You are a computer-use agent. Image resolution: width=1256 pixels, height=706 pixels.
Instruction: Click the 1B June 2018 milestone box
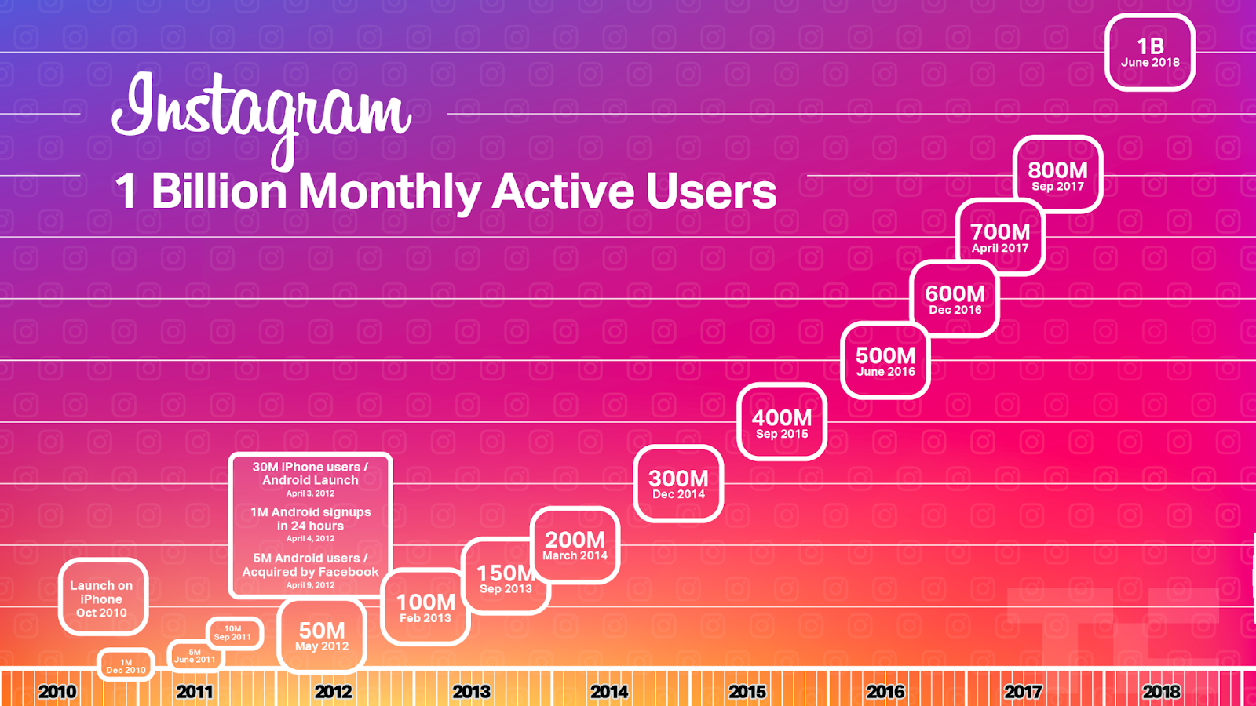(x=1150, y=53)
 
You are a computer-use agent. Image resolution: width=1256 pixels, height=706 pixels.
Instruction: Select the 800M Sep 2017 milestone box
(x=1057, y=175)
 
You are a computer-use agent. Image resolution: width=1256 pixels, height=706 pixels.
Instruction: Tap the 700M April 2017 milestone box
(x=1000, y=237)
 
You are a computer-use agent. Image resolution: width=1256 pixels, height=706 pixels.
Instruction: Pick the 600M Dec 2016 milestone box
(x=955, y=299)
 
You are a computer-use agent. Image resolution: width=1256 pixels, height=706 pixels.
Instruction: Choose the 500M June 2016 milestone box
(x=885, y=361)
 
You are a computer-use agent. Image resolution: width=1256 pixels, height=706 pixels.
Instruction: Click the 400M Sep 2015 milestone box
(x=782, y=423)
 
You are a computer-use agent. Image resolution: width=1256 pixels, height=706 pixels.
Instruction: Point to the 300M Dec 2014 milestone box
(x=678, y=484)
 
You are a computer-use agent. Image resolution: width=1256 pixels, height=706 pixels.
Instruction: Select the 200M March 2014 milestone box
(x=575, y=545)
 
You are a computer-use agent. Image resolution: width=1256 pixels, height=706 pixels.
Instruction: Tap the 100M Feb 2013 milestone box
(x=425, y=607)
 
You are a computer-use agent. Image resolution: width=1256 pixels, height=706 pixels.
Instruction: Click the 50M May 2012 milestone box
(x=322, y=636)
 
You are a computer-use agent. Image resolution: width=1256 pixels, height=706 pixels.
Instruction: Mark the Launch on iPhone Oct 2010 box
(x=102, y=599)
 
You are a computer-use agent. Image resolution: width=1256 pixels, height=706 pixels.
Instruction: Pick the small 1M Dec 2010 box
(x=126, y=666)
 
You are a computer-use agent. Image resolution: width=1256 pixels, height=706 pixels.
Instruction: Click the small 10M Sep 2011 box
(x=233, y=633)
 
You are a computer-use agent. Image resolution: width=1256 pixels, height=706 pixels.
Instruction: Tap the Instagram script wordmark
(x=261, y=114)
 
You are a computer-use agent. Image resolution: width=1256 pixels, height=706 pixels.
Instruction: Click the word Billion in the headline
(x=219, y=191)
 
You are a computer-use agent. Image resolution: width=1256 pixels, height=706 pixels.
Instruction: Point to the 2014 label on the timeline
(x=609, y=692)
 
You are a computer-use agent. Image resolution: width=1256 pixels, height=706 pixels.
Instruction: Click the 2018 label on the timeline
(x=1161, y=692)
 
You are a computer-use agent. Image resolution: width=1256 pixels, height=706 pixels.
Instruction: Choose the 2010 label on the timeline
(x=57, y=692)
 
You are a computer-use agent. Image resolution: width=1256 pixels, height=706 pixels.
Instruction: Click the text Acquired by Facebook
(x=310, y=572)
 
